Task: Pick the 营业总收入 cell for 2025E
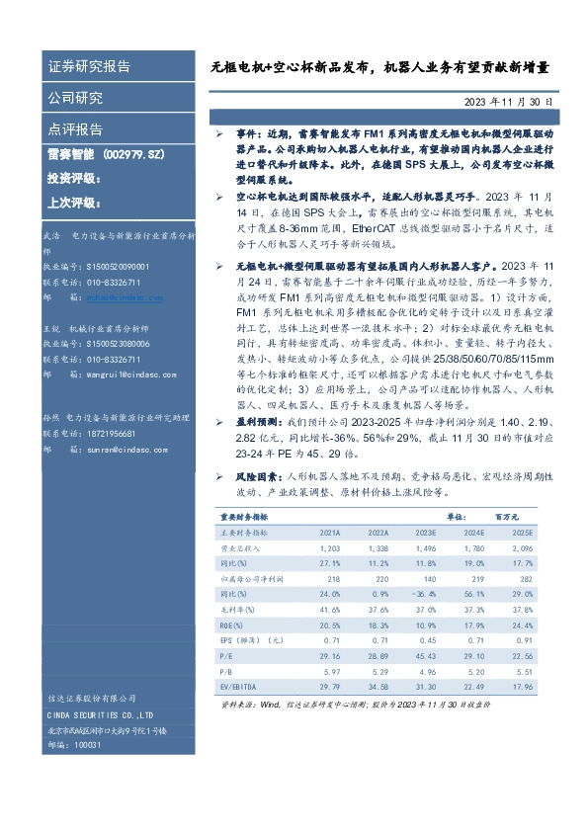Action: (x=523, y=547)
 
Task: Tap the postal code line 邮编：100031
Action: (x=73, y=744)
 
